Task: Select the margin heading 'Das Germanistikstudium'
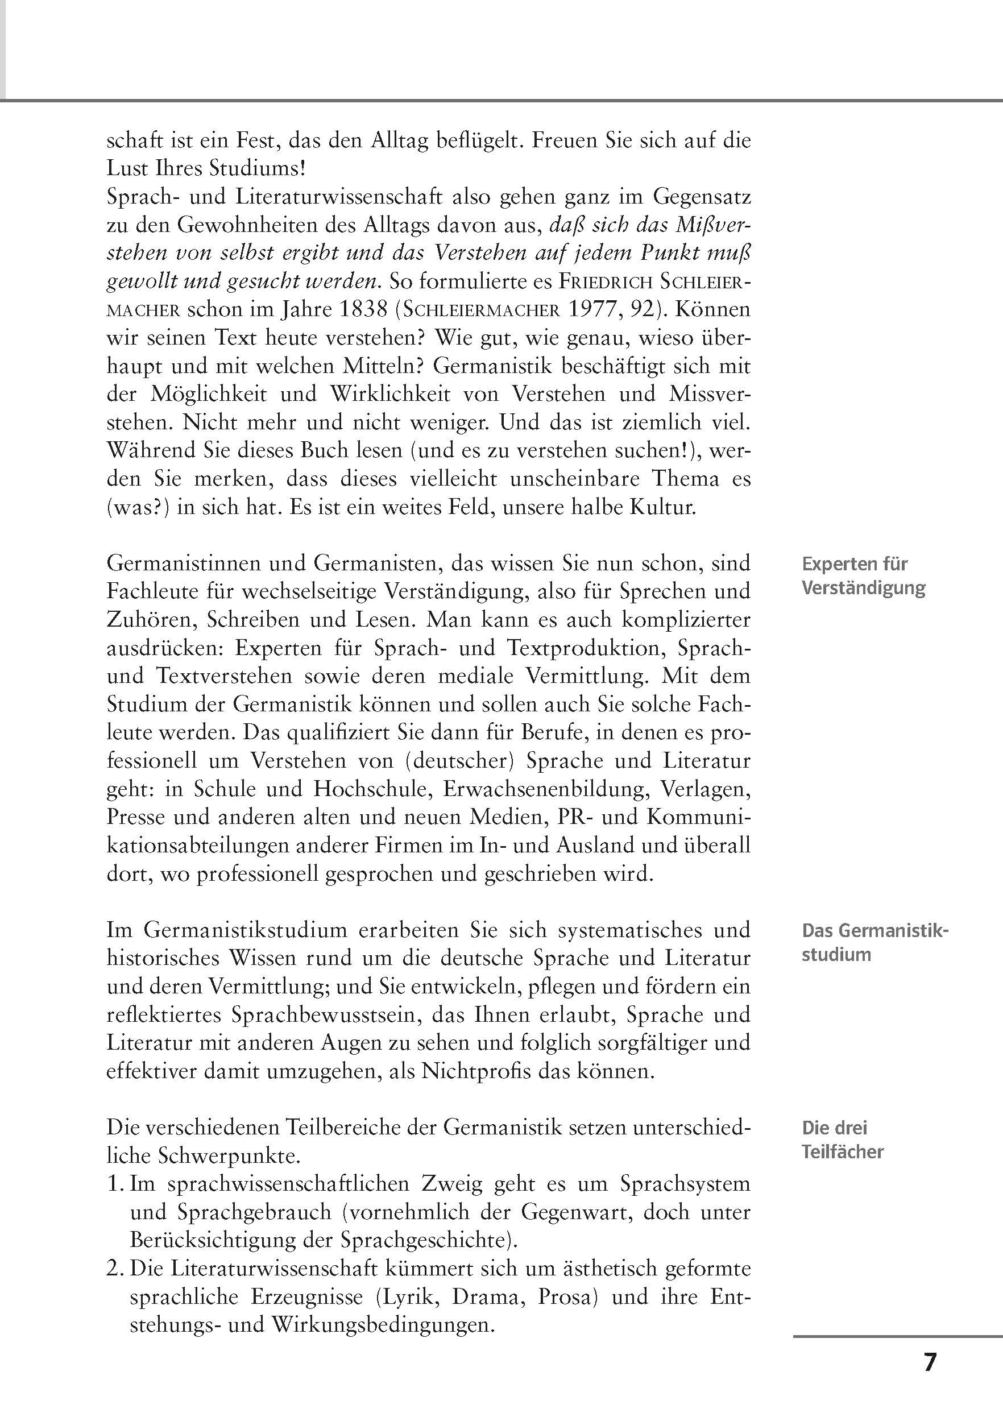[874, 943]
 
